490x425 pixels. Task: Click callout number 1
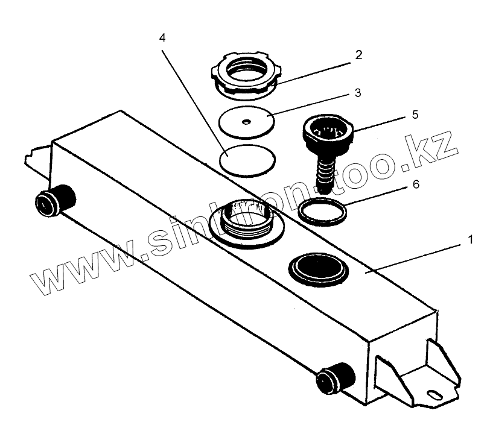click(469, 239)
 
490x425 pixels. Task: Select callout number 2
click(358, 55)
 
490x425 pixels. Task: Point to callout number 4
click(163, 37)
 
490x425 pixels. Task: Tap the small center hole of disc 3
click(245, 122)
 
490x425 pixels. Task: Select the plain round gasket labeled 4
click(248, 160)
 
